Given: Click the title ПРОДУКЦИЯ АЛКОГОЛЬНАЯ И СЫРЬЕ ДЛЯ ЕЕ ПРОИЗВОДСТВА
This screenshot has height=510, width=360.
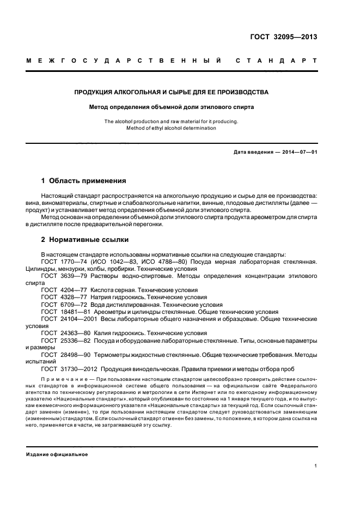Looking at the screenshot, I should (x=172, y=92).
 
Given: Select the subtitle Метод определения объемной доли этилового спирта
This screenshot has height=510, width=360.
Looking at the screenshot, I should (x=172, y=107).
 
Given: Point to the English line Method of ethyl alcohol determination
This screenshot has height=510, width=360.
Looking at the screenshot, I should (x=172, y=128).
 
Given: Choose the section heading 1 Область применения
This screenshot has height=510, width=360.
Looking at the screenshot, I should (x=84, y=180).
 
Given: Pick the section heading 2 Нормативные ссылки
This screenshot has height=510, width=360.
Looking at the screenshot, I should (x=85, y=240).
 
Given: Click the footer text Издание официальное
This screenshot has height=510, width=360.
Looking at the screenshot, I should (x=57, y=454).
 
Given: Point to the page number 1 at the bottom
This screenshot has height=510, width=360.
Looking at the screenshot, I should (x=316, y=466).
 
